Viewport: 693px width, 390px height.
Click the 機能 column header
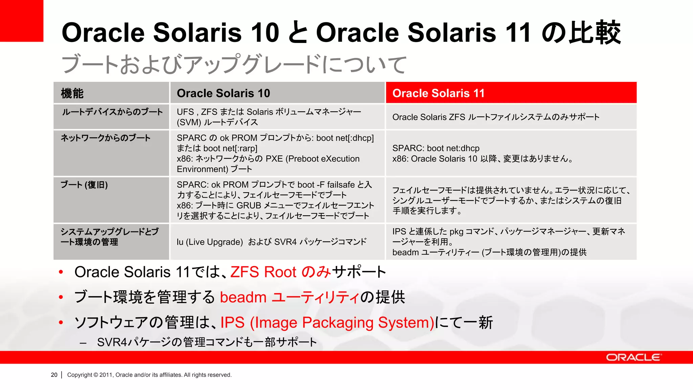click(72, 93)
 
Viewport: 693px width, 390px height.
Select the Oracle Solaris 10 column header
click(223, 93)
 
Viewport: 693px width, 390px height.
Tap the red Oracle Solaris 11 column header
click(439, 93)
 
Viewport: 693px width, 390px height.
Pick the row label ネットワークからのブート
click(106, 138)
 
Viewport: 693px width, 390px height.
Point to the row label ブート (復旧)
click(84, 185)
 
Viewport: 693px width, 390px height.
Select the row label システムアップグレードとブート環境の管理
click(109, 237)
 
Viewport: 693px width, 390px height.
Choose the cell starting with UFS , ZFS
click(269, 117)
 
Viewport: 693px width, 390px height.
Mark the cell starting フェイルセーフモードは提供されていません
click(511, 200)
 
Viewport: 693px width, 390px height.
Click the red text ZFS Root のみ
click(281, 272)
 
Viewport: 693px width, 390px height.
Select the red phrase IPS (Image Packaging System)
click(327, 322)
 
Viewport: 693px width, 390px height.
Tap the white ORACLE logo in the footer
click(633, 357)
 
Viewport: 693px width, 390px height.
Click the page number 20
click(54, 375)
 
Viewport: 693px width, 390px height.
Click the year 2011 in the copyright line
click(106, 375)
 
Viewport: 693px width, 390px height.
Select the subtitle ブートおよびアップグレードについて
click(234, 64)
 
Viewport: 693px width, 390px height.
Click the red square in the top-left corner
click(21, 21)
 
